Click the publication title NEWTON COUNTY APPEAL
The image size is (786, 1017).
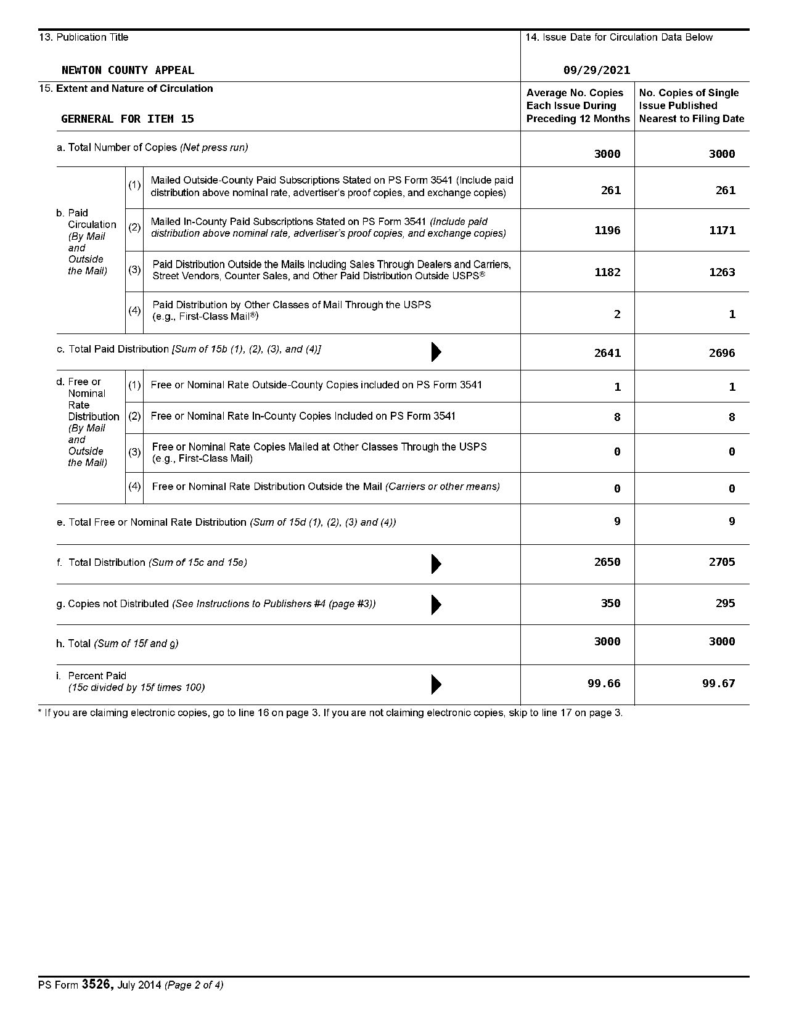click(x=128, y=70)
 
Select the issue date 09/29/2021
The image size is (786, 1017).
click(x=597, y=70)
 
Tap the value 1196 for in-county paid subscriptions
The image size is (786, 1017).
click(x=607, y=231)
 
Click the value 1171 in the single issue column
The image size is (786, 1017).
click(x=722, y=231)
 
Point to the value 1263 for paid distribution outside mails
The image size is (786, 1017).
click(x=722, y=272)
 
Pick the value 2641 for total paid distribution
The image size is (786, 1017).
click(x=607, y=353)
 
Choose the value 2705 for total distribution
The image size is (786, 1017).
click(x=722, y=562)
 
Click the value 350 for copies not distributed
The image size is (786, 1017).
click(x=610, y=603)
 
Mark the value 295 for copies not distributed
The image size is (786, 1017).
click(x=725, y=603)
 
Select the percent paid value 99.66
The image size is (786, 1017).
click(x=604, y=684)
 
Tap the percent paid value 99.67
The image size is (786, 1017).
click(x=719, y=684)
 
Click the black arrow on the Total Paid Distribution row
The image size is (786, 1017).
click(x=436, y=351)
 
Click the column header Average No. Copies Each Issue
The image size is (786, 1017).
click(x=578, y=105)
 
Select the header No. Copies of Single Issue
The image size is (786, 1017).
click(x=691, y=105)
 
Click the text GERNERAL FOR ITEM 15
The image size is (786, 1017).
click(x=128, y=119)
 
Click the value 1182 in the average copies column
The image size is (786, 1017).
click(x=607, y=272)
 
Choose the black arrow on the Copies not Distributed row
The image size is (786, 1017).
click(x=436, y=605)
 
